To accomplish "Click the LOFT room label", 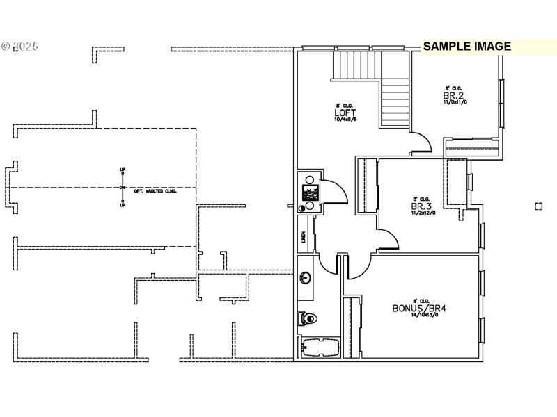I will pyautogui.click(x=345, y=112).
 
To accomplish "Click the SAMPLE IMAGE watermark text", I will pyautogui.click(x=467, y=47).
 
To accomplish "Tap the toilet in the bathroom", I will pyautogui.click(x=308, y=318).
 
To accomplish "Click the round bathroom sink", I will pyautogui.click(x=305, y=279).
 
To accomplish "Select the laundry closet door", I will pyautogui.click(x=334, y=189).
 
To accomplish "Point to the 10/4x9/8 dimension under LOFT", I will pyautogui.click(x=345, y=120).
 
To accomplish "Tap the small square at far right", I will pyautogui.click(x=538, y=206).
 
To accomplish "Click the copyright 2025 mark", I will pyautogui.click(x=19, y=47).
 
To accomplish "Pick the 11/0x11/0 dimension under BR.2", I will pyautogui.click(x=455, y=102).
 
